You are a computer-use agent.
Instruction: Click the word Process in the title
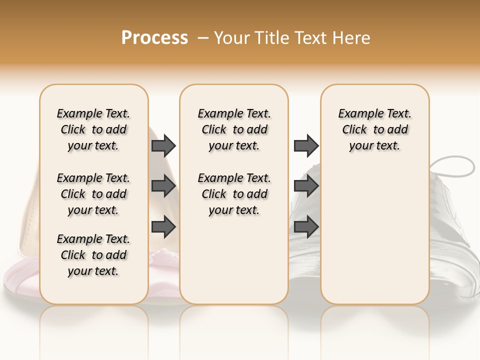[x=154, y=38]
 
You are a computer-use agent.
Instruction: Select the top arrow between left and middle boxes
[x=163, y=145]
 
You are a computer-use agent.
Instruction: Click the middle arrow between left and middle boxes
[x=163, y=186]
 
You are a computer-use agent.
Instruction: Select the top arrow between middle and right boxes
[x=305, y=145]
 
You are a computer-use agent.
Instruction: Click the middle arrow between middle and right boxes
[x=305, y=186]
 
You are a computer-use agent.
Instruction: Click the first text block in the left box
[x=93, y=129]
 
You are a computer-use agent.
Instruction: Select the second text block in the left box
[x=93, y=194]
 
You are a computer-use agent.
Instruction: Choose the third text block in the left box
[x=93, y=255]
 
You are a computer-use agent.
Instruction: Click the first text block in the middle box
[x=234, y=129]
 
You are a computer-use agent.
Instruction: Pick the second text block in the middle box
[x=234, y=194]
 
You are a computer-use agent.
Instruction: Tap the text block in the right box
[x=374, y=129]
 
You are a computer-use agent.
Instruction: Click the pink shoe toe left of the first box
[x=20, y=280]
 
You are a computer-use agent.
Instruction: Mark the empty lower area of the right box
[x=374, y=235]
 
